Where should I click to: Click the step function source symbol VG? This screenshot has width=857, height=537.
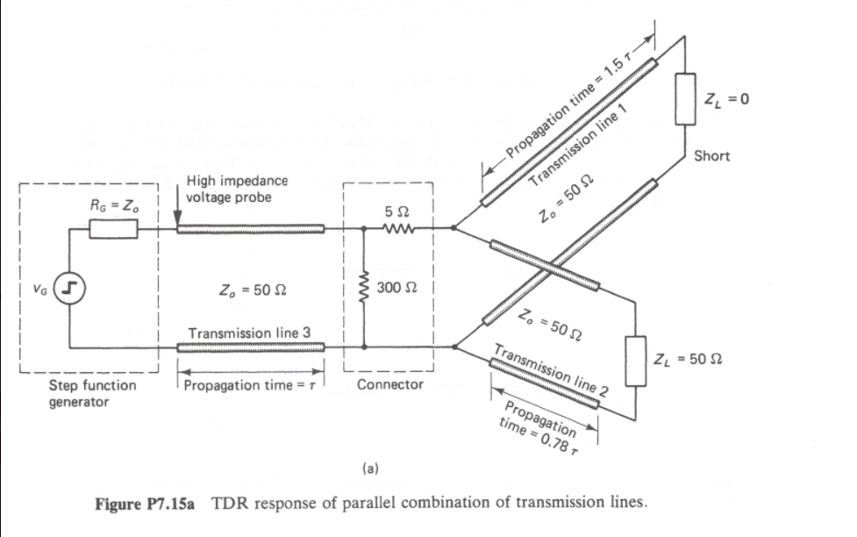69,287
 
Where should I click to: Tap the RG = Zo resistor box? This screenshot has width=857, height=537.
113,229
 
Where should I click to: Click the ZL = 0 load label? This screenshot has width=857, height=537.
727,98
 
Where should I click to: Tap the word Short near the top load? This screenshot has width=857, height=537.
711,156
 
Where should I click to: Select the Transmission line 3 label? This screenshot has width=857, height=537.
249,333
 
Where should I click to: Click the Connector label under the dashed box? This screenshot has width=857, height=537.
390,384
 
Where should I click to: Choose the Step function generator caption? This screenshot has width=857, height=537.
80,393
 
